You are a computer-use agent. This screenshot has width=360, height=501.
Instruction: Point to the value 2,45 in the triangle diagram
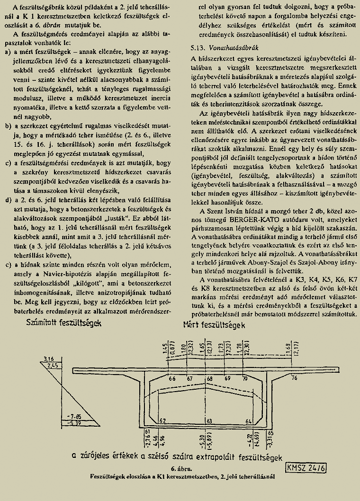[x=53, y=366]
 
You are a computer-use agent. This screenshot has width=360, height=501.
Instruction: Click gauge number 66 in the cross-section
[x=171, y=378]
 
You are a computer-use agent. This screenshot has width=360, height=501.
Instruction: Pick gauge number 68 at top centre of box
[x=209, y=378]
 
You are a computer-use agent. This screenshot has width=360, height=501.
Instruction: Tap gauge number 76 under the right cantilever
[x=294, y=377]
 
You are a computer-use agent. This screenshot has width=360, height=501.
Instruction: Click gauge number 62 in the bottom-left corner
[x=163, y=420]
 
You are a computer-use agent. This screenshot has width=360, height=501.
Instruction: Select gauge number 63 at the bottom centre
[x=209, y=420]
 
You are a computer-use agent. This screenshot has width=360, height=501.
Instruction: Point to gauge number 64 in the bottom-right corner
[x=248, y=420]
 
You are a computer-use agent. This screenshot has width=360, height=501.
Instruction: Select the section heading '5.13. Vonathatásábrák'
[x=222, y=48]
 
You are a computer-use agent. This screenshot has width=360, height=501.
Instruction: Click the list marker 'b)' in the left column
[x=8, y=126]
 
